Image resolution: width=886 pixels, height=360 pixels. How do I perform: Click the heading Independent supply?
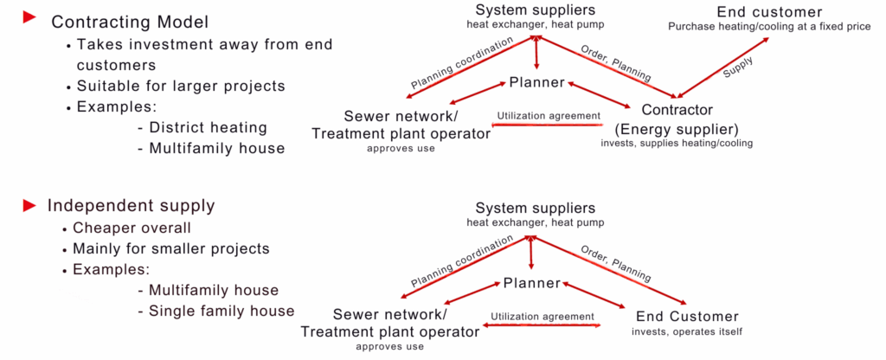(x=132, y=205)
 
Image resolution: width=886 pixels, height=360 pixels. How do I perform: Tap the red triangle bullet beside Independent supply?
(x=29, y=205)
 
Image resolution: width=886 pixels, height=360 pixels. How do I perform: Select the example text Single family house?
(x=221, y=311)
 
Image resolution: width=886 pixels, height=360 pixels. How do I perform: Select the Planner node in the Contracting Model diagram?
(x=536, y=82)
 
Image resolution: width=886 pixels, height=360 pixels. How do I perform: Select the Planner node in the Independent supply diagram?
(x=531, y=283)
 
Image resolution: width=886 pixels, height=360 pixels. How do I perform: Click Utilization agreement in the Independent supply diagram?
(x=543, y=317)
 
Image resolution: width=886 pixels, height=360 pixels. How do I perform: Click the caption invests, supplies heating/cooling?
(x=677, y=143)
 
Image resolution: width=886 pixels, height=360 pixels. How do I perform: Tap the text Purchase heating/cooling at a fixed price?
(x=769, y=27)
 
